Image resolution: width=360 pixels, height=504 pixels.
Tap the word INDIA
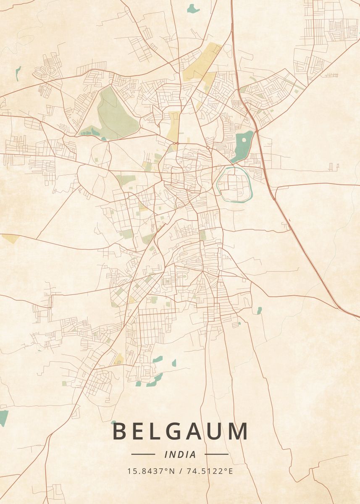coord(180,454)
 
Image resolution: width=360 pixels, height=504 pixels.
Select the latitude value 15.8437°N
coord(151,471)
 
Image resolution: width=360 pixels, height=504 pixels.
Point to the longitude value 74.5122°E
coord(209,471)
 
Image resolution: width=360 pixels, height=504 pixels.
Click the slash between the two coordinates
coord(180,471)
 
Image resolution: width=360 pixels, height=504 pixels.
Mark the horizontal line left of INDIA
coord(143,454)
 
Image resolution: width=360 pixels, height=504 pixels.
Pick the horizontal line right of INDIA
coord(217,454)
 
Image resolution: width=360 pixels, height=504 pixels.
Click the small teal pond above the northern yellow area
coord(193,8)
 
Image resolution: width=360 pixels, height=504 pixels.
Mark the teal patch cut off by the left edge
coord(3,417)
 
